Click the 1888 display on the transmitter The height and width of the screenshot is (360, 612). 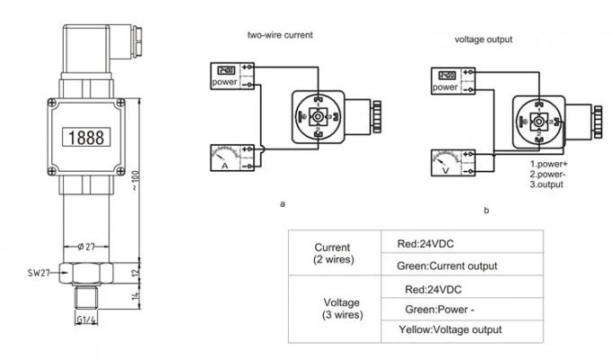click(x=83, y=136)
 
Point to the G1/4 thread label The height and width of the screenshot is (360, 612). click(x=86, y=320)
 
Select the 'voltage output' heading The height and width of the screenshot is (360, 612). click(x=484, y=40)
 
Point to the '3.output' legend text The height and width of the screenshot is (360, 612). click(x=546, y=184)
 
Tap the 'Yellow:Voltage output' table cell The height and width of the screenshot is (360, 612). click(x=449, y=330)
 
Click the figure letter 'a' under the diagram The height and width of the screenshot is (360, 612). click(x=283, y=204)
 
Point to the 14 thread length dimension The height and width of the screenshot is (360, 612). click(x=132, y=294)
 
